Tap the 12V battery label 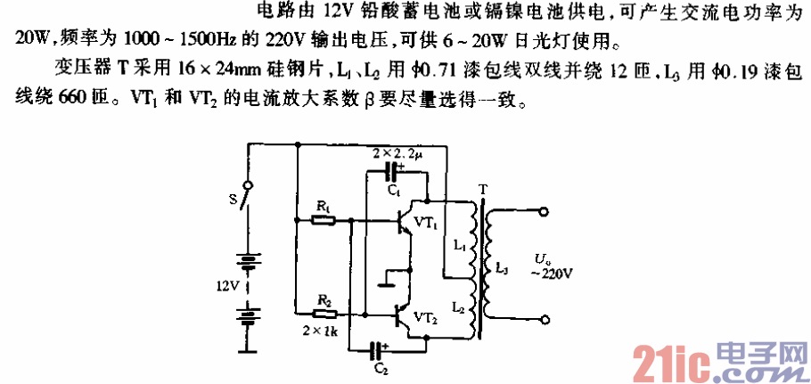[229, 286]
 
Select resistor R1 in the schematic [324, 218]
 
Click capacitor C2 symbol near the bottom [381, 349]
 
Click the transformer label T [482, 189]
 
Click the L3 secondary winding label [500, 268]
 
